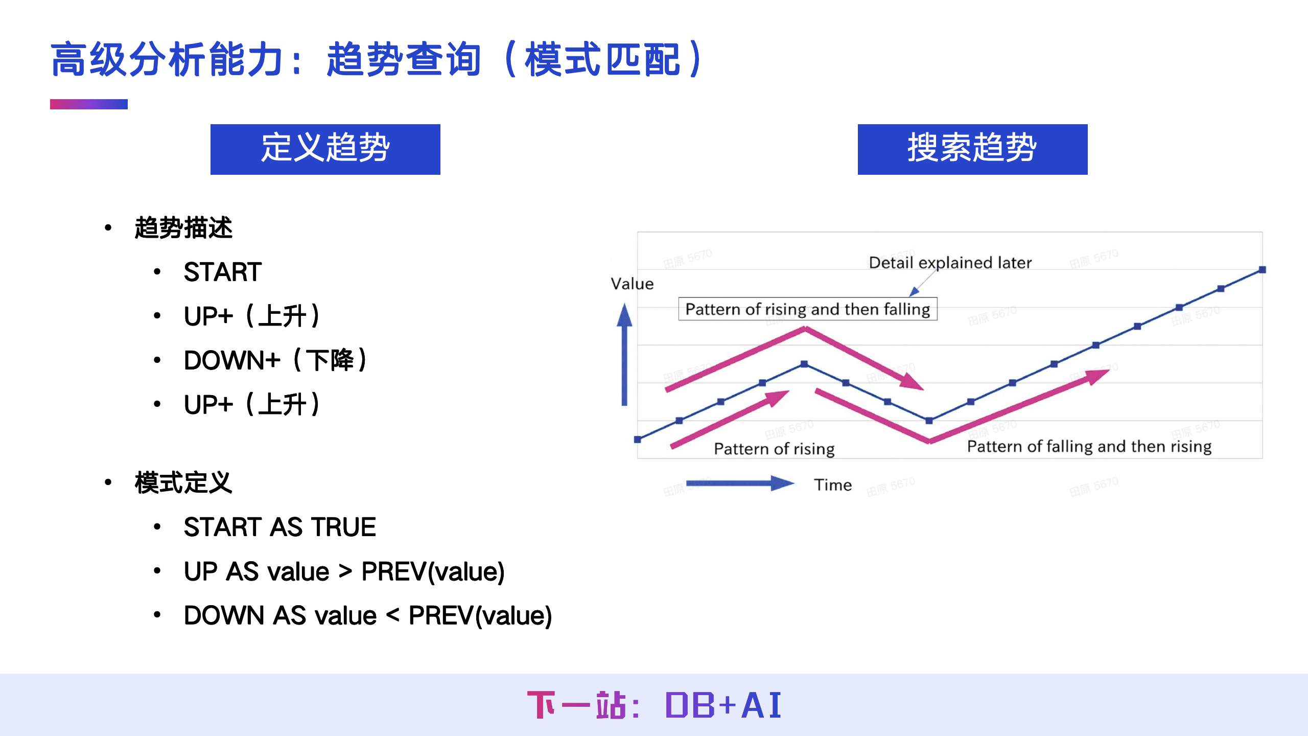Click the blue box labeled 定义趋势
pyautogui.click(x=325, y=149)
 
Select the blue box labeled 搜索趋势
pyautogui.click(x=972, y=149)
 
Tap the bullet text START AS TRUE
pyautogui.click(x=279, y=527)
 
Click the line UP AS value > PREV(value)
pyautogui.click(x=344, y=571)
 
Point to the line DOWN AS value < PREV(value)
pyautogui.click(x=367, y=615)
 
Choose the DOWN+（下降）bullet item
pyautogui.click(x=275, y=360)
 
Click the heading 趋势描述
pyautogui.click(x=183, y=228)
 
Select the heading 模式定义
pyautogui.click(x=183, y=483)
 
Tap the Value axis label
pyautogui.click(x=632, y=284)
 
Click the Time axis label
pyautogui.click(x=833, y=485)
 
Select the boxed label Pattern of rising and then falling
pyautogui.click(x=807, y=309)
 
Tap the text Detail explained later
pyautogui.click(x=950, y=263)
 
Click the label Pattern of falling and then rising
pyautogui.click(x=1089, y=447)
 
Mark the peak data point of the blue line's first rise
pyautogui.click(x=804, y=364)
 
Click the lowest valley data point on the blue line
pyautogui.click(x=929, y=421)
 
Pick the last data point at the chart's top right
pyautogui.click(x=1262, y=269)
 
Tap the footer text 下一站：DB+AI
pyautogui.click(x=654, y=705)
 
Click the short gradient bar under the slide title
pyautogui.click(x=88, y=104)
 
